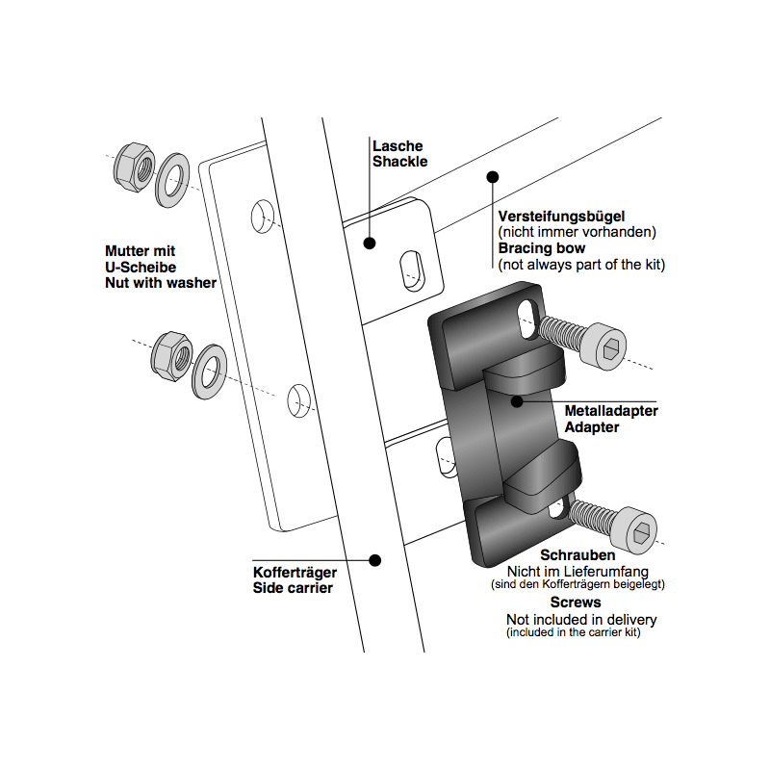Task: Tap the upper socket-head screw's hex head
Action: pyautogui.click(x=605, y=344)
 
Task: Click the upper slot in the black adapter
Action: pyautogui.click(x=527, y=317)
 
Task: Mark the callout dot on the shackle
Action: pyautogui.click(x=369, y=244)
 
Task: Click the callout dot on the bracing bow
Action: pyautogui.click(x=492, y=177)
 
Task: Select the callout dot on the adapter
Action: pyautogui.click(x=517, y=400)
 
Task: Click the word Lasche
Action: pyautogui.click(x=396, y=145)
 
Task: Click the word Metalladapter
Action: pyautogui.click(x=611, y=410)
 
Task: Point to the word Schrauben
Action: pyautogui.click(x=577, y=555)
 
